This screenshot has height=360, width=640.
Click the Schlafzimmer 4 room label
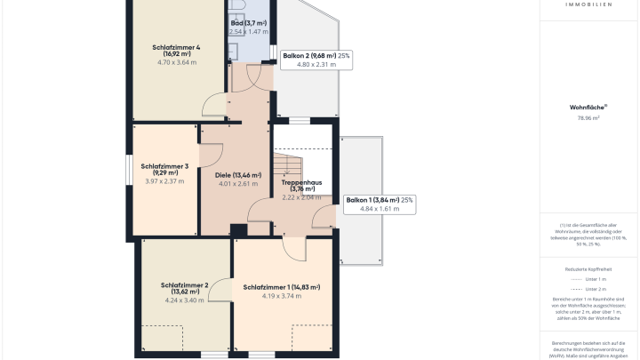click(x=175, y=51)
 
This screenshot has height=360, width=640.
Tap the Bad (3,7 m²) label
click(x=248, y=23)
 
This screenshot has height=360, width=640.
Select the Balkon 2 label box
click(x=316, y=60)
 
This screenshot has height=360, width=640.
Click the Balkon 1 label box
click(x=380, y=204)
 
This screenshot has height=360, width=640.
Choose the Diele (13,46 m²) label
click(x=237, y=175)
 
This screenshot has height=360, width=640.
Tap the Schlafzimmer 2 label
click(x=184, y=288)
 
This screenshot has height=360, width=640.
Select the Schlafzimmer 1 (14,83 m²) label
click(x=281, y=287)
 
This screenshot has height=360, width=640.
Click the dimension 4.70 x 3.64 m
click(x=176, y=62)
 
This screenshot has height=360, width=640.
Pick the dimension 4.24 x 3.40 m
click(x=184, y=300)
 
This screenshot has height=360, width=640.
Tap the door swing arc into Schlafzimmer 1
click(x=292, y=250)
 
